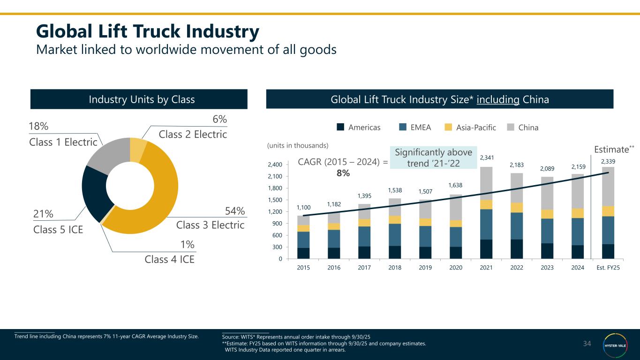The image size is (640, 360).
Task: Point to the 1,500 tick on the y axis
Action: click(275, 200)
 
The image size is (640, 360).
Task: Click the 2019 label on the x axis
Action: click(425, 268)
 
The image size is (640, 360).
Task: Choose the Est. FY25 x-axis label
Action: click(608, 268)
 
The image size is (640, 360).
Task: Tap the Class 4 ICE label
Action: click(170, 259)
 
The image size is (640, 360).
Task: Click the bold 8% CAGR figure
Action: click(343, 173)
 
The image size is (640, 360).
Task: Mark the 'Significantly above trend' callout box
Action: click(427, 158)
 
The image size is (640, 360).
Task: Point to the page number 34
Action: click(587, 344)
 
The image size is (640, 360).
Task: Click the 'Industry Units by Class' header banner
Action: click(139, 99)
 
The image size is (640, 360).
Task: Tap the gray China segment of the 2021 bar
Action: click(486, 183)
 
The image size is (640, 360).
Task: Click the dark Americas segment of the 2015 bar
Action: click(303, 253)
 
